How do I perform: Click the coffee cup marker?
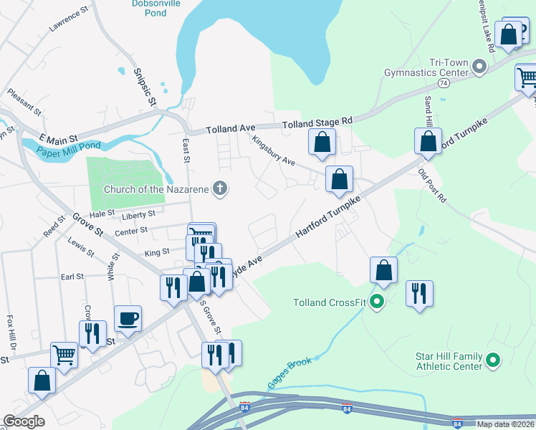[128, 318]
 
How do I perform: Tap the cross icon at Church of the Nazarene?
[221, 188]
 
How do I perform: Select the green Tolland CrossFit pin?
[378, 302]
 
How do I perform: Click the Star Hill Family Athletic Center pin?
[493, 360]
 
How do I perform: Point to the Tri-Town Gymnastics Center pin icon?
[479, 68]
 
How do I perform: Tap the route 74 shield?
[444, 83]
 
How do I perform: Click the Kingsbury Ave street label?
[273, 150]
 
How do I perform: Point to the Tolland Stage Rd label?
[317, 123]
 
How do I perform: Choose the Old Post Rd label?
[432, 186]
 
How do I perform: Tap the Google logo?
[24, 421]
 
